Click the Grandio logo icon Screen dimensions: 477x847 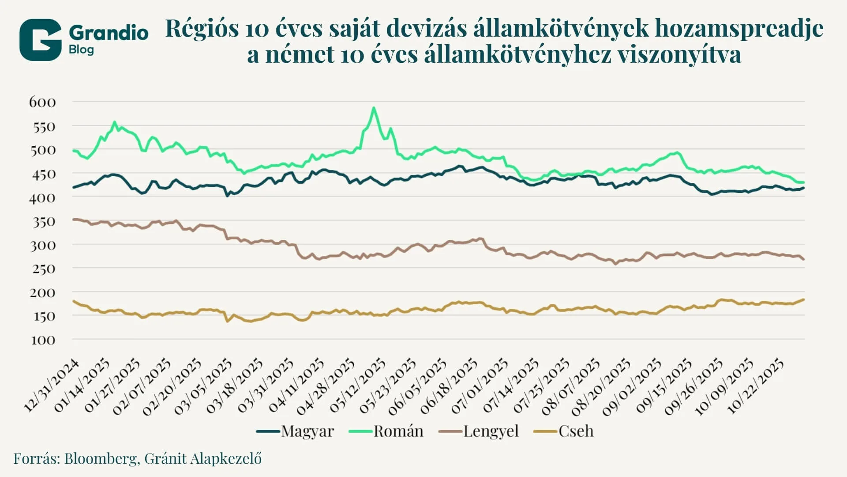[x=40, y=40]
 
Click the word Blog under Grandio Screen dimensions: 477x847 [x=81, y=49]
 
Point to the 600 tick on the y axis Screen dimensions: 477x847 [x=43, y=102]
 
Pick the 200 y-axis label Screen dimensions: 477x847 [x=43, y=293]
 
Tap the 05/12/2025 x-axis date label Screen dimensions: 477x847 [x=357, y=386]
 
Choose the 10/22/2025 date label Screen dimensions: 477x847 [x=755, y=386]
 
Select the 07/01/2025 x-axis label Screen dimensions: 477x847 [x=480, y=386]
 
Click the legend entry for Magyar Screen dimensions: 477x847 [x=296, y=431]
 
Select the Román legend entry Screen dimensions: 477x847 [x=386, y=431]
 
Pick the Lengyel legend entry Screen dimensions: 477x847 [x=480, y=431]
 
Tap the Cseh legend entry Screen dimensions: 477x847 [x=564, y=431]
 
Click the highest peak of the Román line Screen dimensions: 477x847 [x=374, y=108]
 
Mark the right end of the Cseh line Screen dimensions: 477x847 [x=803, y=299]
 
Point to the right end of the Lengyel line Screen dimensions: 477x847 [x=803, y=259]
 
